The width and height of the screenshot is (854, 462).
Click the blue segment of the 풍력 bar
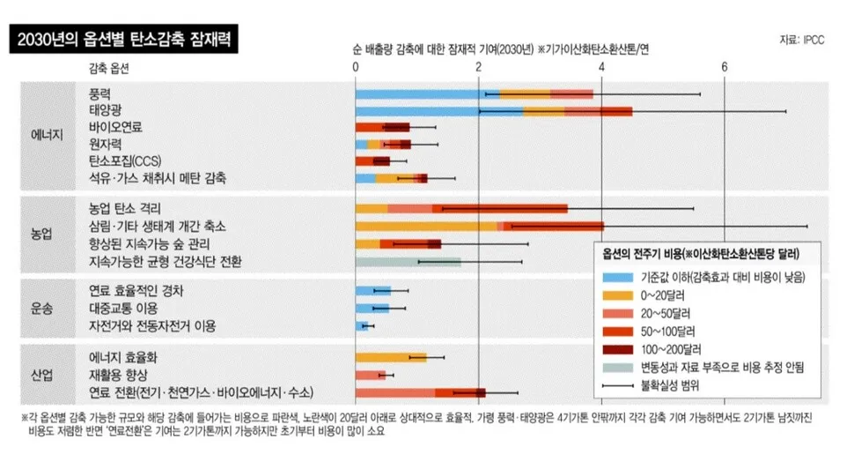(427, 93)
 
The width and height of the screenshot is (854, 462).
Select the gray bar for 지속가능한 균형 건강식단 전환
(408, 262)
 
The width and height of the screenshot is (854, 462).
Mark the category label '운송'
(42, 308)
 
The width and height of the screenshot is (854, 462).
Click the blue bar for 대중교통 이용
(372, 308)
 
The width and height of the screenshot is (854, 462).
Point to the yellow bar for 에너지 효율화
(390, 357)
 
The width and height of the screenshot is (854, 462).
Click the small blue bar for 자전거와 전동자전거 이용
(362, 325)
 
